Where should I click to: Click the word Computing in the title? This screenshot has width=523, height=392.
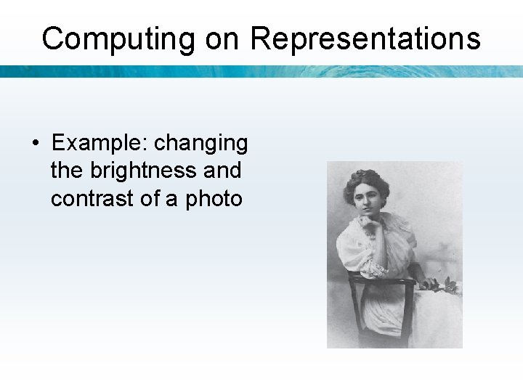click(119, 38)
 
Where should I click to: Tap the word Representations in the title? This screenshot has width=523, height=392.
click(365, 38)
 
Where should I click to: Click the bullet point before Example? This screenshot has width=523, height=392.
click(36, 144)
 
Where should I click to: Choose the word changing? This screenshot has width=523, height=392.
click(201, 143)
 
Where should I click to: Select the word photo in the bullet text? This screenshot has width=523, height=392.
click(214, 197)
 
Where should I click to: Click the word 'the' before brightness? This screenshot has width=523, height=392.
click(67, 171)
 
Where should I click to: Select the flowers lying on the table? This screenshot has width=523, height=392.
click(442, 285)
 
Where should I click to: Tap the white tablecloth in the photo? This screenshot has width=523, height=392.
click(439, 319)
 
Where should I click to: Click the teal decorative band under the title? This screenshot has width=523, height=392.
click(261, 71)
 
